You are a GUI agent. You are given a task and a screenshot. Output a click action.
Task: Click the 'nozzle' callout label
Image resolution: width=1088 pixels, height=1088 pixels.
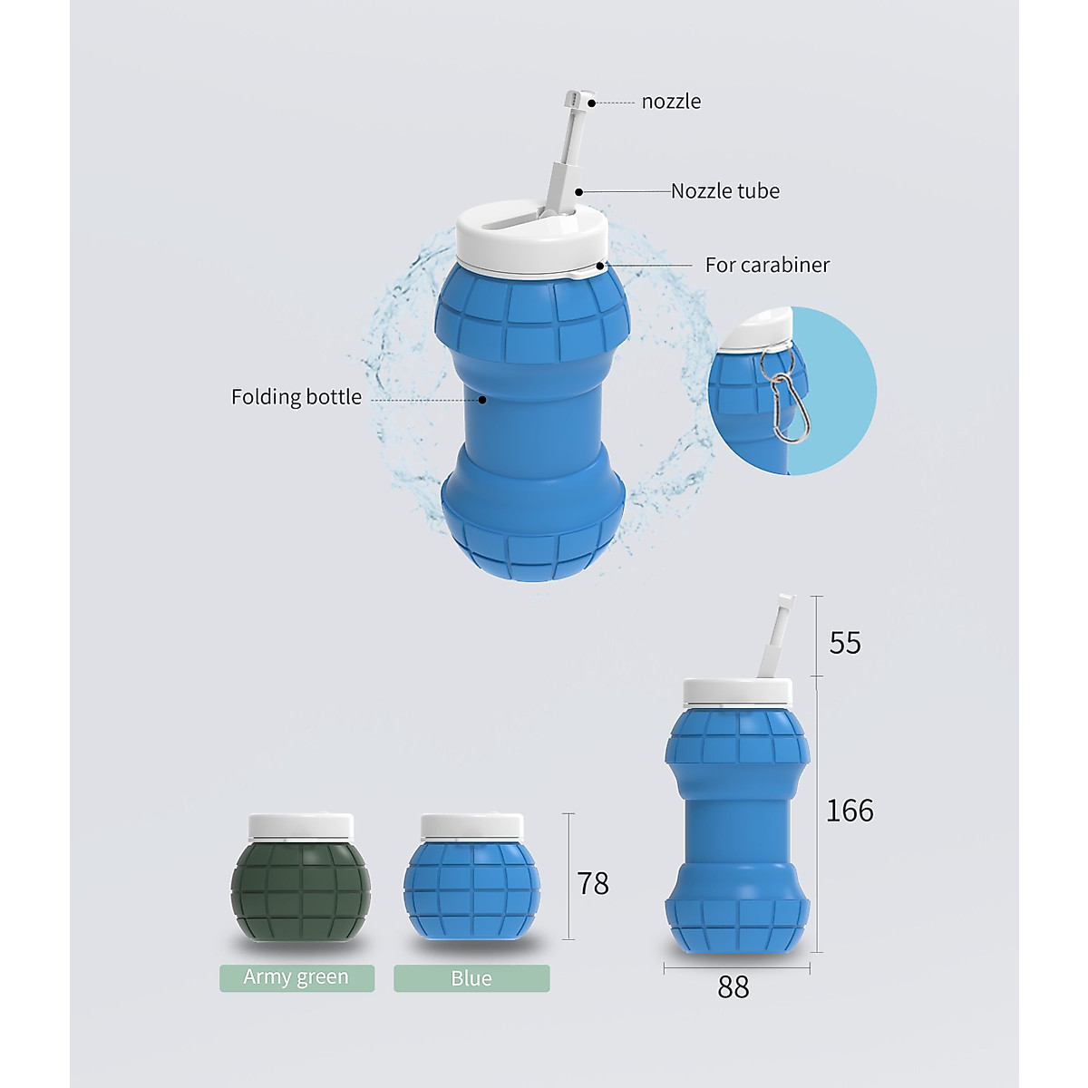671,102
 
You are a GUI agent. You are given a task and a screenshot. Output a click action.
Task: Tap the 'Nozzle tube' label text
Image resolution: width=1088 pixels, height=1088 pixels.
724,191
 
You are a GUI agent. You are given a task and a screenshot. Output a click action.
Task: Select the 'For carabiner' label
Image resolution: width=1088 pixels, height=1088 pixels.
767,265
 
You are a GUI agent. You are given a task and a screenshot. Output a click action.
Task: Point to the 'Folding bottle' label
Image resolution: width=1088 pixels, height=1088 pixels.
296,397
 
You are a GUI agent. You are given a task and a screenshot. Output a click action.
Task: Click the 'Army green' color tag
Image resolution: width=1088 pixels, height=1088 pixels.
296,977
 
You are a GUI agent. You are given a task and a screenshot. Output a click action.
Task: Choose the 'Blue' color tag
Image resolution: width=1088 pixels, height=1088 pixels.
471,978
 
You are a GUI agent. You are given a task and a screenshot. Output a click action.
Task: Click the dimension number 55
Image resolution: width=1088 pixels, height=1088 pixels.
845,643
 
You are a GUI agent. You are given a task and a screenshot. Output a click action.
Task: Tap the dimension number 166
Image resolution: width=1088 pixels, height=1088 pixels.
850,811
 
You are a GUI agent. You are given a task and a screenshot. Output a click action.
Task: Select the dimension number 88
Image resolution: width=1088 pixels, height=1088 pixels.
733,986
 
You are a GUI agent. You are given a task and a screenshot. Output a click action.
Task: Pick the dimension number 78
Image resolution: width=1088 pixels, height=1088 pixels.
593,883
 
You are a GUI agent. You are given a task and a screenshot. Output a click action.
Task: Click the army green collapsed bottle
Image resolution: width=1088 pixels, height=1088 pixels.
300,893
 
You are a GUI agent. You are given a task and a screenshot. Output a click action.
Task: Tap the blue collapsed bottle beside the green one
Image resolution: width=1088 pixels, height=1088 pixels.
471,893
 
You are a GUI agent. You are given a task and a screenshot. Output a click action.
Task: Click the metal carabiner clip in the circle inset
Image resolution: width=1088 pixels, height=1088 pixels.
785,408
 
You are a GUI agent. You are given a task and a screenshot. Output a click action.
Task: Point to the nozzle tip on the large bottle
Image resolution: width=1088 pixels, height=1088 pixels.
578,98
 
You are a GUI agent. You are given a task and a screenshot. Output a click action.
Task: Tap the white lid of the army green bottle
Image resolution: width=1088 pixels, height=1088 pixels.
300,825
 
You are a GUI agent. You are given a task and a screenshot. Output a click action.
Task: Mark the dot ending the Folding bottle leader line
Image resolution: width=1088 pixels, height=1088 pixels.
482,399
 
